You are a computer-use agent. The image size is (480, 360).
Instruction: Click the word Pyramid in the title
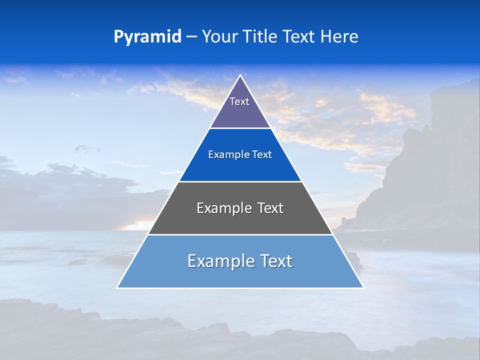pos(147,37)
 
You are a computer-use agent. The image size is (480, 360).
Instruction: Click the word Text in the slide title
pos(299,36)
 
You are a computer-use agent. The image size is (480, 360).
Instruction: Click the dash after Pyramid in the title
pos(191,37)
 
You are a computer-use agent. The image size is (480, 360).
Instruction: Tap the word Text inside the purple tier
pos(239,101)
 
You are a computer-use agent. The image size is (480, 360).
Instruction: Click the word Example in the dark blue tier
pos(225,155)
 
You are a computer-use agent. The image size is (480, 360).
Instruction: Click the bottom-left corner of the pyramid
pos(118,287)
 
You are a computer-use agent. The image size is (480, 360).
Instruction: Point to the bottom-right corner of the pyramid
pos(362,287)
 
